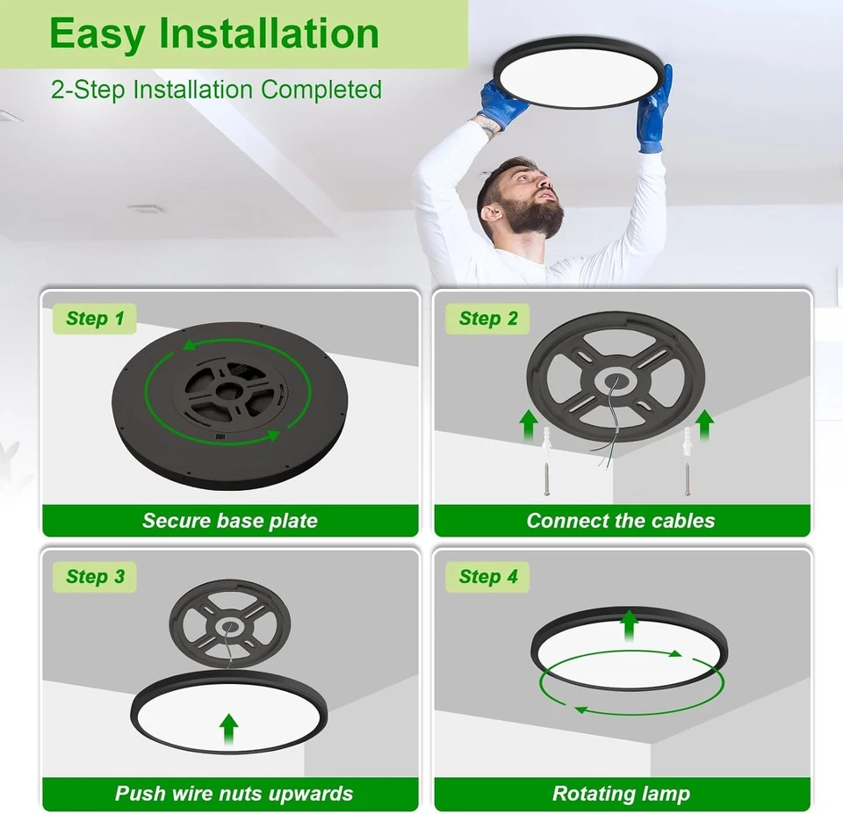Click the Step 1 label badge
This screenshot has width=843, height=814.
95,319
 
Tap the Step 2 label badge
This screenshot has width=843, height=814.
488,319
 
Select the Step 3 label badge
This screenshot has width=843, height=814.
95,577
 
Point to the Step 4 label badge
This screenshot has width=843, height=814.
488,577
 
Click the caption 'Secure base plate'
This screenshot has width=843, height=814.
230,521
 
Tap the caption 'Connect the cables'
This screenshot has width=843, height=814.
621,521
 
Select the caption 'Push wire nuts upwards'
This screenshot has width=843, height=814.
234,794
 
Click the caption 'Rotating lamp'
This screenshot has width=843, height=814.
621,794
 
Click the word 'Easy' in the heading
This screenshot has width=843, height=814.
97,33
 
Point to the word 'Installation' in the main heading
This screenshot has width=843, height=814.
269,33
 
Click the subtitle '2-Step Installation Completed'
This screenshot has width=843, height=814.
216,90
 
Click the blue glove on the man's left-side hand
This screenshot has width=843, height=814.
502,103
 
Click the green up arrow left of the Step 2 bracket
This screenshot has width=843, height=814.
529,425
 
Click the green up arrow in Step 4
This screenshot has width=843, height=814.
629,625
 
